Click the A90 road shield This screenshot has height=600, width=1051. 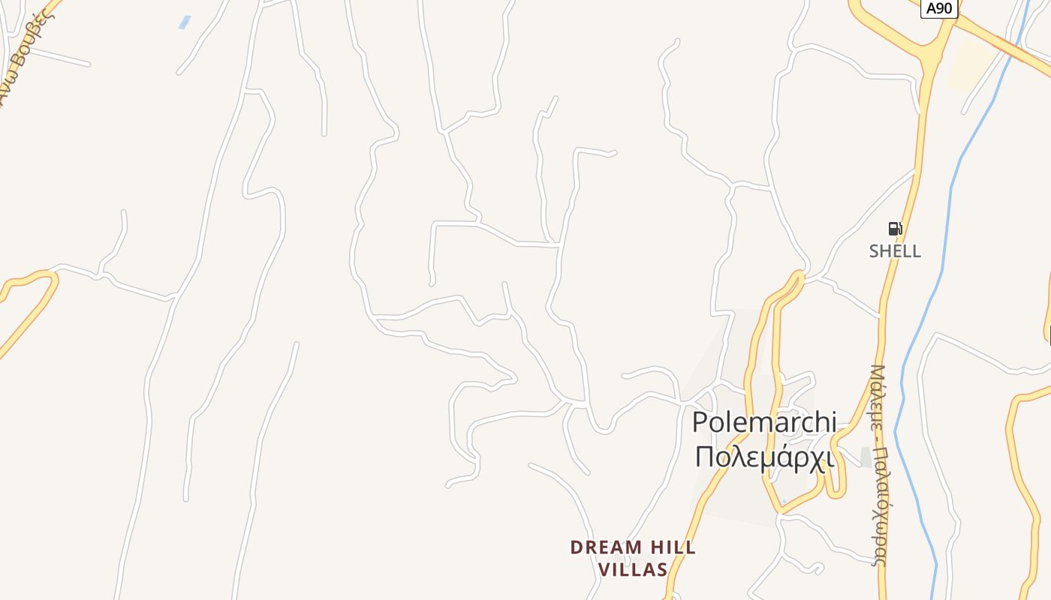coord(939,8)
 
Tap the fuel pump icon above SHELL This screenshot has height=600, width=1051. coord(895,229)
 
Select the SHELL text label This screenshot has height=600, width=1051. coord(895,251)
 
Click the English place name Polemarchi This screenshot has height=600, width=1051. coord(763,421)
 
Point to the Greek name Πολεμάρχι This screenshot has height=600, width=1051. coord(764,456)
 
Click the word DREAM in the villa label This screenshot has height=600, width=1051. coord(606,547)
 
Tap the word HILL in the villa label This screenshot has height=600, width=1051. coord(672,547)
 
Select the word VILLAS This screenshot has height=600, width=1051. coord(633,570)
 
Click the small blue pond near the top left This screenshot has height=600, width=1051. coord(184,22)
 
